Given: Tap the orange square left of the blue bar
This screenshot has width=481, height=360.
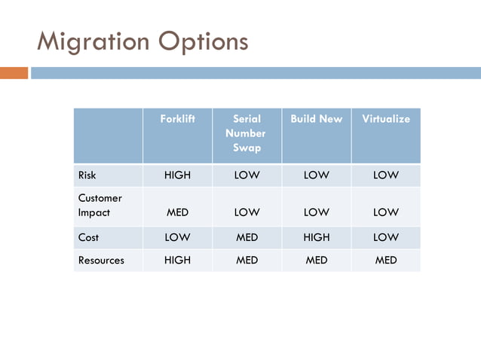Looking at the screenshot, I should point(14,73).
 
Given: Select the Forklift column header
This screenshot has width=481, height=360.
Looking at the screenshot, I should point(177,119).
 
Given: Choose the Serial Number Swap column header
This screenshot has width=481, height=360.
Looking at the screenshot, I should point(247,133).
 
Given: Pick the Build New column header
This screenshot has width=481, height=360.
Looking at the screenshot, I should point(316,119).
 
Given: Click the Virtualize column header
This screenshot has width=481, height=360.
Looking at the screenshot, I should point(385,119).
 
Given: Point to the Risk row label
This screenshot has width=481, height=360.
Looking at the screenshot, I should point(87,175).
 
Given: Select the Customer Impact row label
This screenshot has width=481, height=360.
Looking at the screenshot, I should point(100,205).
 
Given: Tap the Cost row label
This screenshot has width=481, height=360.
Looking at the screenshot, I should point(88,237).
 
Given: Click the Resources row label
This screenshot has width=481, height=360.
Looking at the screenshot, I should point(101,260).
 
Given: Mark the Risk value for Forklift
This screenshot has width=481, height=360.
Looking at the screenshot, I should point(177,175).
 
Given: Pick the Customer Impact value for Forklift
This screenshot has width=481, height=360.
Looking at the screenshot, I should point(177,212).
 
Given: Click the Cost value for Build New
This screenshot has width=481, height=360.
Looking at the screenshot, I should point(316,237).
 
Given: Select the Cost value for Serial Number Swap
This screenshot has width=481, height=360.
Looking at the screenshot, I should point(247,237).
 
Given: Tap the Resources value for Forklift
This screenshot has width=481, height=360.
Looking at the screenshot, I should point(177,260).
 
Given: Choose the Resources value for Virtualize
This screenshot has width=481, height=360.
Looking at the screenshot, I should point(385,260).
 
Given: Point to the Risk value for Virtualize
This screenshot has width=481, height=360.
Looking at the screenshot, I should point(385,175).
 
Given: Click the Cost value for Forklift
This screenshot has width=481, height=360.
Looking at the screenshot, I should point(177,237).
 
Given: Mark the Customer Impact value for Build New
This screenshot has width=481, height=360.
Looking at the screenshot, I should point(316,212).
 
